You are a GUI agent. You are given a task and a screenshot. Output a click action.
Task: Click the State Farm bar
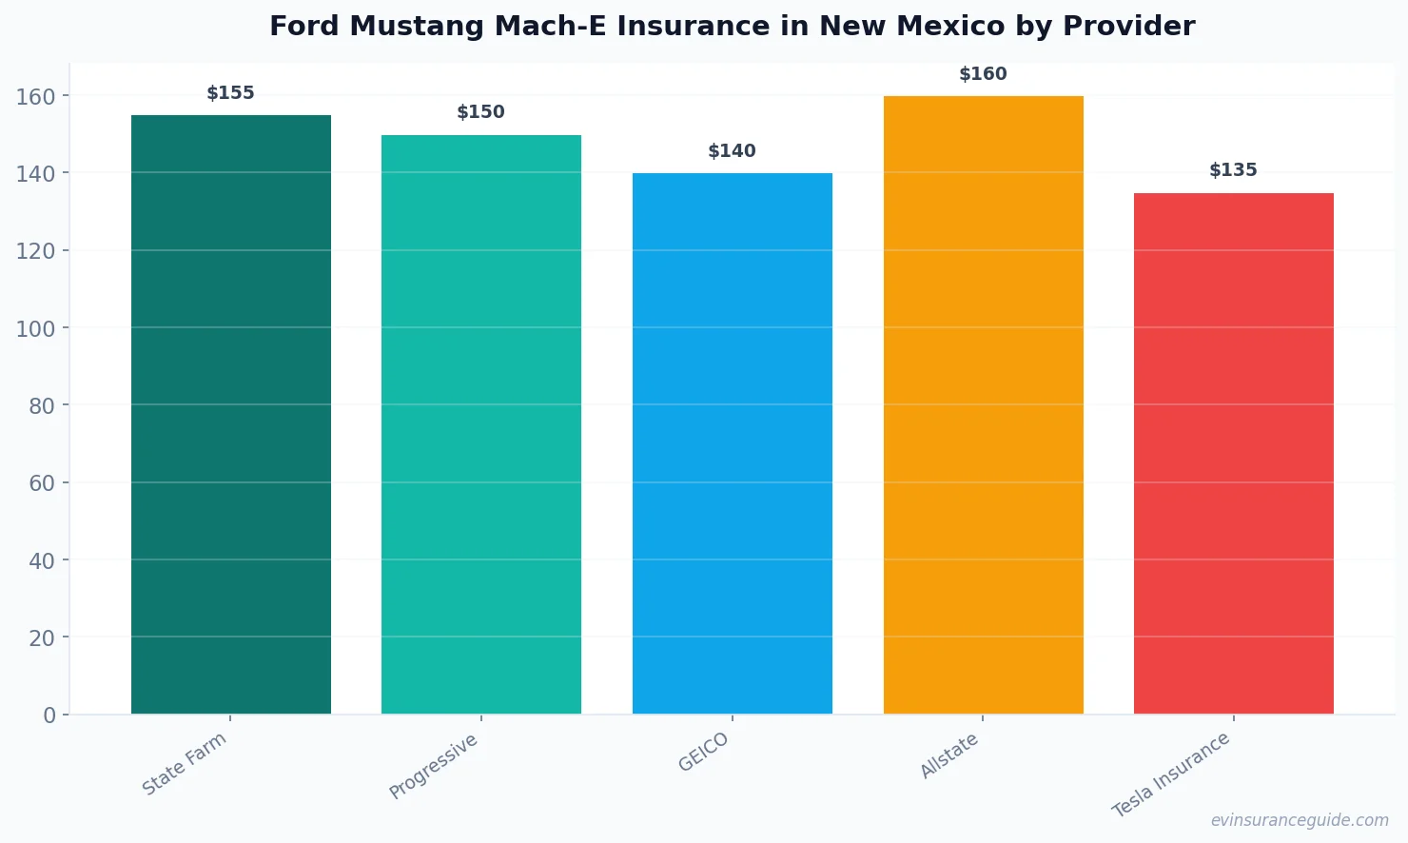[231, 414]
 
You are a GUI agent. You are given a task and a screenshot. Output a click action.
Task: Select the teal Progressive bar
[481, 423]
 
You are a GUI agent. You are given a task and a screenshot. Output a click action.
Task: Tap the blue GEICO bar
[733, 442]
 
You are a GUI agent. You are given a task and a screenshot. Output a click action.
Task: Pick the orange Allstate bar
[983, 404]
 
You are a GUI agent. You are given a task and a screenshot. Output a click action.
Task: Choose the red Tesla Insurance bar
[1234, 453]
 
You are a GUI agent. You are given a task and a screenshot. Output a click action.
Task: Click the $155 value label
[231, 93]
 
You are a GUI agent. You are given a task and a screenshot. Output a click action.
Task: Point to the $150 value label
[481, 112]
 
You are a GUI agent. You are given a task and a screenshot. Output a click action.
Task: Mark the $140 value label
[733, 151]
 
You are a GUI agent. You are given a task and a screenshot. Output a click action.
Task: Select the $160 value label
[983, 74]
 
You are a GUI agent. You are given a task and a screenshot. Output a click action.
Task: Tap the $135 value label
[1234, 170]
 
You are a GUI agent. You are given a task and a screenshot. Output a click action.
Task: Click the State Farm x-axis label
[185, 763]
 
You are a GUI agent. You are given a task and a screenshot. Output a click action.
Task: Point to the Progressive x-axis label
[434, 766]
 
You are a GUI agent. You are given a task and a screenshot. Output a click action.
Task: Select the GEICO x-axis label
[704, 752]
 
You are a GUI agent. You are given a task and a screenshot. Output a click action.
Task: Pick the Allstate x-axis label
[949, 755]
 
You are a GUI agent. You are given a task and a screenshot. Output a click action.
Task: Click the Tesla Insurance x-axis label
[1171, 774]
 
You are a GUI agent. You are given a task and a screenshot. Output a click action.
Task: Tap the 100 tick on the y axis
[35, 328]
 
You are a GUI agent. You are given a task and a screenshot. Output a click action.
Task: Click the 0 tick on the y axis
[49, 716]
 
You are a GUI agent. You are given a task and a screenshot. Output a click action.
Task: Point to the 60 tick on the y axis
[42, 483]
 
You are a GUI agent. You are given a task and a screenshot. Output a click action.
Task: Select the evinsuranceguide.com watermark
[1300, 820]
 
